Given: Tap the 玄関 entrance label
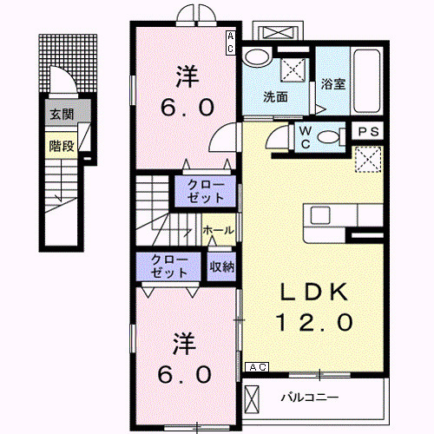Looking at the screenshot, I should coord(60,115).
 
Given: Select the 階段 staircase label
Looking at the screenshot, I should coord(60,146).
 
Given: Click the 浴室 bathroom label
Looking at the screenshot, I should coord(333,84).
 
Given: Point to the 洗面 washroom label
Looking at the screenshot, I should coord(277,97).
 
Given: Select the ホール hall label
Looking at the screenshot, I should coord(217,230).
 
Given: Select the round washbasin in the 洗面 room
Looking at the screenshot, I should coord(255,56).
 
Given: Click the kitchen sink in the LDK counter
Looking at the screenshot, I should coord(318,216).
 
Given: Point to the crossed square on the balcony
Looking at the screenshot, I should coord(253,400).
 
